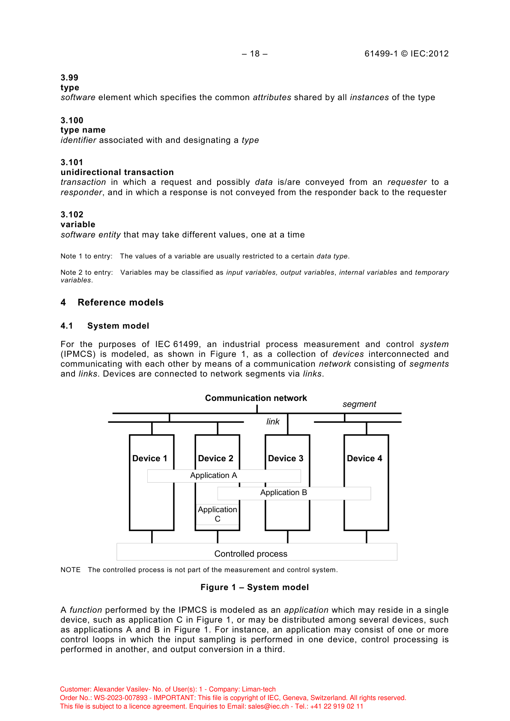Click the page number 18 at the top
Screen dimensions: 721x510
click(x=255, y=54)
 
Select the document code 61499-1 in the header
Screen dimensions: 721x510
click(x=381, y=54)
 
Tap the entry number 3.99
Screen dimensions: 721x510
click(x=69, y=78)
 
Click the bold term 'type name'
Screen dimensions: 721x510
click(x=83, y=130)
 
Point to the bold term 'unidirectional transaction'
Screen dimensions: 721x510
click(x=117, y=172)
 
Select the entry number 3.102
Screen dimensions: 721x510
click(x=72, y=215)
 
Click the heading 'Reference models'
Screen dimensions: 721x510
click(x=120, y=303)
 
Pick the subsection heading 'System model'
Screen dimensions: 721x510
click(x=118, y=326)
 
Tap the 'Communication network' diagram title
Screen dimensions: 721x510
click(x=256, y=398)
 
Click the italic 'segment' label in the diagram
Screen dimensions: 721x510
click(x=359, y=404)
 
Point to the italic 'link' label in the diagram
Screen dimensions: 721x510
click(x=273, y=422)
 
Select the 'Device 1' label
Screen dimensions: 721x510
click(x=149, y=459)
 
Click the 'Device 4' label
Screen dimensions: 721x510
click(x=364, y=459)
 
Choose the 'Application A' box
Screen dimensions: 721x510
click(x=224, y=476)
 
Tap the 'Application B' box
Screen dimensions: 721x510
click(x=294, y=493)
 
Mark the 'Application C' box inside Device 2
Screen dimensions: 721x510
click(x=218, y=514)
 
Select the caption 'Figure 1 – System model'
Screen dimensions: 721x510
click(x=254, y=587)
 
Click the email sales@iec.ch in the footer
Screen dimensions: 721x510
click(x=268, y=706)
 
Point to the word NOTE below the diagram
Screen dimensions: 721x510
click(x=71, y=570)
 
